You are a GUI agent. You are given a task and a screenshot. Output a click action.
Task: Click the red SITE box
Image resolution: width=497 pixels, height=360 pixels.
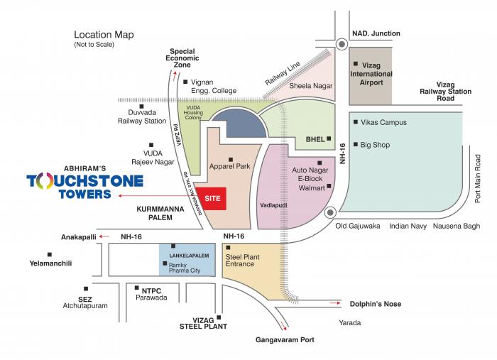coord(212,199)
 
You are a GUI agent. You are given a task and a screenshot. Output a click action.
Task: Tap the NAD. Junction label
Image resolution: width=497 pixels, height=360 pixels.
coord(376,33)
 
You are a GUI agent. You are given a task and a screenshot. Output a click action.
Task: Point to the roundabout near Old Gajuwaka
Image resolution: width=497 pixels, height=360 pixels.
coord(330,212)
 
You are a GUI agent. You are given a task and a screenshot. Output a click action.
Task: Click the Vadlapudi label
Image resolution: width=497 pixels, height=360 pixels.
coord(273,204)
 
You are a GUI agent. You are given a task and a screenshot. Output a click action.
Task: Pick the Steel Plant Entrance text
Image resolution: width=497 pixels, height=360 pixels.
coord(239,260)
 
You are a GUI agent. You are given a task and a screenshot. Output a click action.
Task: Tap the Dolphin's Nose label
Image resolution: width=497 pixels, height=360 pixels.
coord(375,304)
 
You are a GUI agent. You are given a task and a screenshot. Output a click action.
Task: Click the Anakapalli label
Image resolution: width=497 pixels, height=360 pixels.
coord(77,236)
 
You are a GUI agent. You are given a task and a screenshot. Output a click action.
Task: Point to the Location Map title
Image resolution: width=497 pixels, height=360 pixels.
coord(104,35)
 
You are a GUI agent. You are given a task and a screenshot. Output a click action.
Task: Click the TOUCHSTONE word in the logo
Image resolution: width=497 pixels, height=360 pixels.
coord(84,180)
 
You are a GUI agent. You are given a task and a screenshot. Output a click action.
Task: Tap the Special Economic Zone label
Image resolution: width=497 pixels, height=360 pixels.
coord(182,58)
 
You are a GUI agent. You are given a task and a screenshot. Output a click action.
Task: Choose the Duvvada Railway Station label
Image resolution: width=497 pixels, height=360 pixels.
coord(141,116)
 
